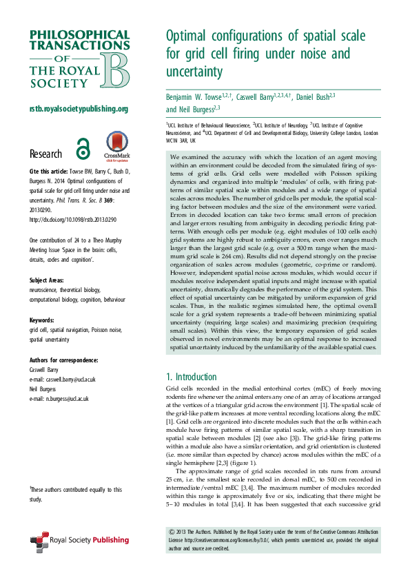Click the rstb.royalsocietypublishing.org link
(x=79, y=109)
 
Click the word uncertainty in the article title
(x=196, y=72)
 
